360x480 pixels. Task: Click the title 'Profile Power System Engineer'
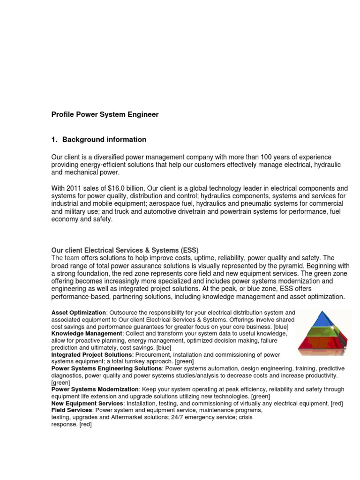click(105, 114)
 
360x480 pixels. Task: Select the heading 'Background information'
click(104, 140)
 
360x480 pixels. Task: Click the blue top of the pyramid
click(323, 320)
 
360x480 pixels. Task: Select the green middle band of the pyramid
click(323, 335)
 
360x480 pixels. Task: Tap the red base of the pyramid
click(323, 347)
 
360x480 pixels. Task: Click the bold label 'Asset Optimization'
click(79, 313)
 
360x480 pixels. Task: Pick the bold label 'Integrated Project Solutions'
click(91, 355)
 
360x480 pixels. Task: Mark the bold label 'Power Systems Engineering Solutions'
click(106, 368)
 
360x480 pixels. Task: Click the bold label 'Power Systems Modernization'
click(95, 390)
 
